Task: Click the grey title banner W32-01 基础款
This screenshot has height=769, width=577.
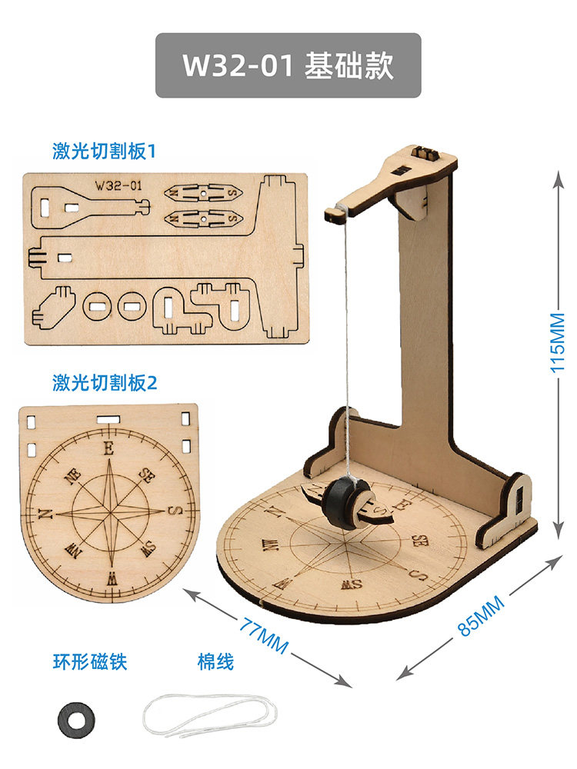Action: (288, 65)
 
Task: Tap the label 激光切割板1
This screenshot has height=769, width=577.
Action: (104, 151)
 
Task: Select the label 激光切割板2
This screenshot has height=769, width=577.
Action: (104, 382)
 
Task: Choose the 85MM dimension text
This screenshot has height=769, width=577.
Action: (482, 615)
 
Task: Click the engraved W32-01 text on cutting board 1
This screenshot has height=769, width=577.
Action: (118, 185)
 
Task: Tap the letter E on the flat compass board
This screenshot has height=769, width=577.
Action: (108, 448)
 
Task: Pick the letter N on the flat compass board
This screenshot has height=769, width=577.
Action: (44, 514)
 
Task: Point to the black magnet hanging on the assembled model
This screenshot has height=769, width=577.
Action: (344, 504)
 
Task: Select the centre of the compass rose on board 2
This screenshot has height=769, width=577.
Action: (108, 512)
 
